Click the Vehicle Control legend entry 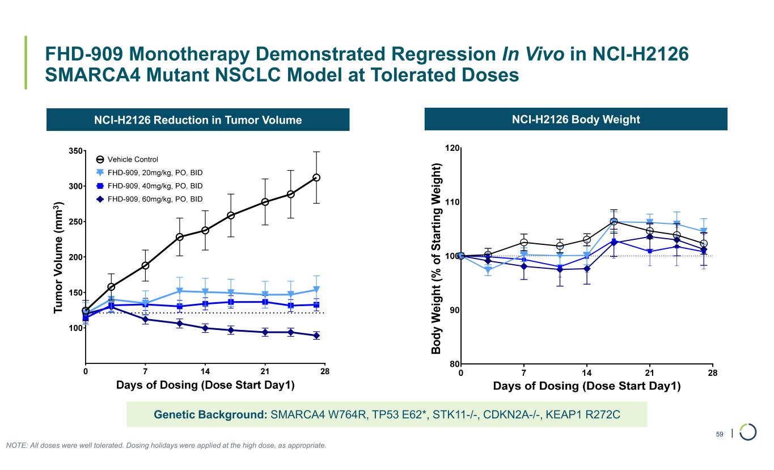pyautogui.click(x=133, y=159)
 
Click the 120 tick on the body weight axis pyautogui.click(x=452, y=149)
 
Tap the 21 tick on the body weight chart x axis pyautogui.click(x=650, y=372)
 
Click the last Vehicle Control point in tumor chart pyautogui.click(x=316, y=177)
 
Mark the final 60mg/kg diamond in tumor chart pyautogui.click(x=316, y=336)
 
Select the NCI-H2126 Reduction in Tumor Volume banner pyautogui.click(x=197, y=120)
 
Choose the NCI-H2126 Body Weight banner pyautogui.click(x=576, y=119)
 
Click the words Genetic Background pyautogui.click(x=210, y=414)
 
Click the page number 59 pyautogui.click(x=720, y=434)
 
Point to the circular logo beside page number pyautogui.click(x=748, y=431)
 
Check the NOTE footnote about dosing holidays pyautogui.click(x=166, y=446)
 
